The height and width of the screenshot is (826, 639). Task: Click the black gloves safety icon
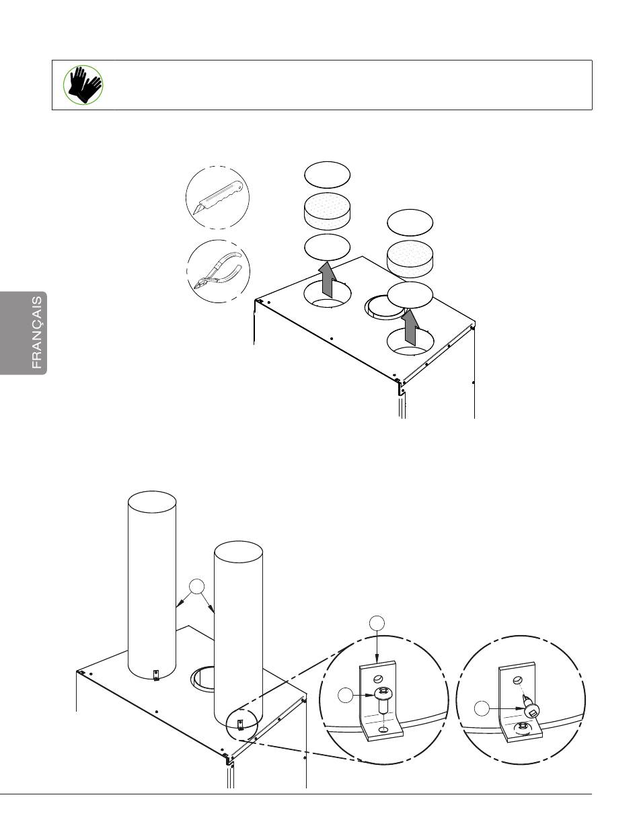click(x=83, y=85)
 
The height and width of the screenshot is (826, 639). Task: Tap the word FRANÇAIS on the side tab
click(x=37, y=333)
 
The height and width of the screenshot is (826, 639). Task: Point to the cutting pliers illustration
click(x=219, y=271)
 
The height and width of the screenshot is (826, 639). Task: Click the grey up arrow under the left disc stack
click(x=327, y=280)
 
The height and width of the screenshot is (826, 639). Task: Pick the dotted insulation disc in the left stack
click(x=327, y=211)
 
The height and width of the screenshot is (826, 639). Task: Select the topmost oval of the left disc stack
click(x=327, y=175)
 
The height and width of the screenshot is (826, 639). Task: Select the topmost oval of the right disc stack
click(x=410, y=222)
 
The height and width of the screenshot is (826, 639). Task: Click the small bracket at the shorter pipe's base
click(x=240, y=725)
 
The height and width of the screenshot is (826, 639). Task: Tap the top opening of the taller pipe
click(x=152, y=501)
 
